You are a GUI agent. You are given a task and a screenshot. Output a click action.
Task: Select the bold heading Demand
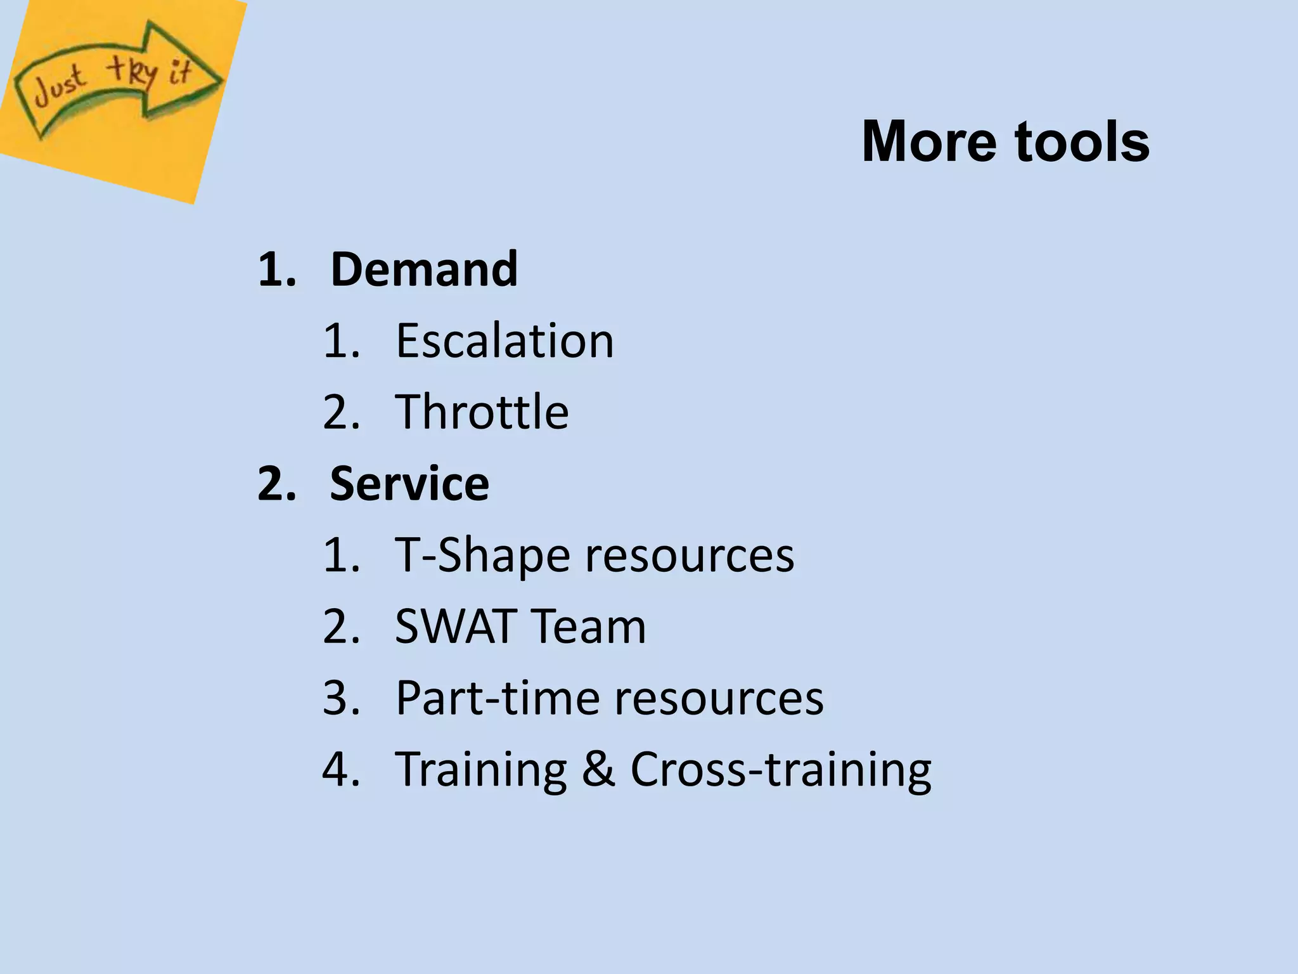click(424, 269)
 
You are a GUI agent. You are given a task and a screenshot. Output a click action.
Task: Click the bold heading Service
click(409, 483)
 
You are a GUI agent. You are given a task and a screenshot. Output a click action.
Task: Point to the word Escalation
click(504, 341)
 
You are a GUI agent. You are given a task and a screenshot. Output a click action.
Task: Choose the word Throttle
click(482, 412)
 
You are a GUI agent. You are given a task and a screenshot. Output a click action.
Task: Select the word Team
click(588, 627)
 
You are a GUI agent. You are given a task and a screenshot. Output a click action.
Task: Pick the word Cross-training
click(780, 770)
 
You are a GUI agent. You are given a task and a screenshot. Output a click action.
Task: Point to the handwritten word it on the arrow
click(179, 73)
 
